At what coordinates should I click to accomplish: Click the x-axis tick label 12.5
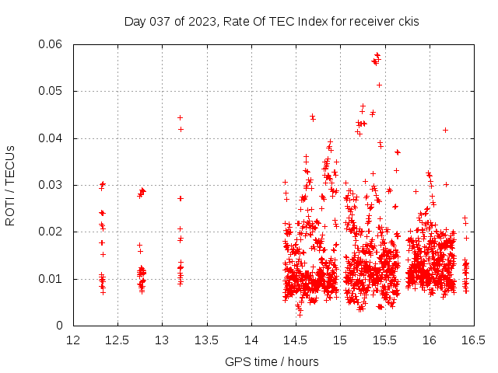click(117, 340)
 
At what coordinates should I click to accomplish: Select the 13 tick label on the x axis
click(162, 340)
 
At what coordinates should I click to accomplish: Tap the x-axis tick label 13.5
click(207, 340)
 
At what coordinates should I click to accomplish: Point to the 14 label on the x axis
click(251, 340)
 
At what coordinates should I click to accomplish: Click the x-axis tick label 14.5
click(296, 340)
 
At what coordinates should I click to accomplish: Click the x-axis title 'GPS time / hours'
click(272, 361)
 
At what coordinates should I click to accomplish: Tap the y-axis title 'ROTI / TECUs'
click(11, 185)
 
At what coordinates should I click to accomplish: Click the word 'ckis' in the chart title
click(408, 21)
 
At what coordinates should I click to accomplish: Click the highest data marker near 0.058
click(377, 55)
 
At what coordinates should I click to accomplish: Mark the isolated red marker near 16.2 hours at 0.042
click(445, 130)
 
